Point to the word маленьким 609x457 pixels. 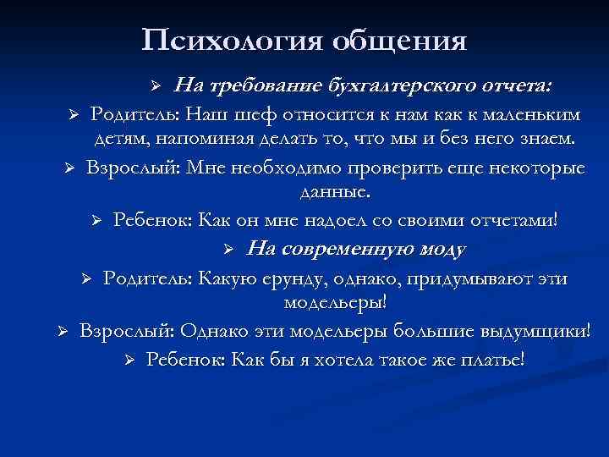coord(513,113)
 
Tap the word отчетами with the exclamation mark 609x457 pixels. coord(512,220)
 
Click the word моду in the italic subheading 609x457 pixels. coord(435,249)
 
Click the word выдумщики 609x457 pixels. coord(528,330)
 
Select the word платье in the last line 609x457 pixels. coord(491,358)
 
